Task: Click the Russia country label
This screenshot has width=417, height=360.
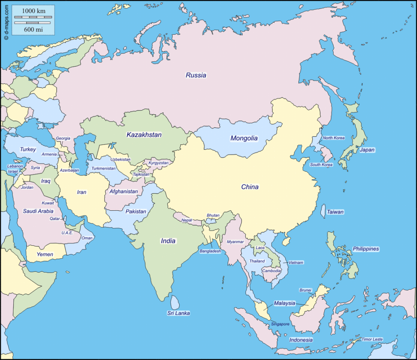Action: (x=196, y=75)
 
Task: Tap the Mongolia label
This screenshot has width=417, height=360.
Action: (x=244, y=138)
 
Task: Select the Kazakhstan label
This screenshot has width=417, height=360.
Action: (x=144, y=135)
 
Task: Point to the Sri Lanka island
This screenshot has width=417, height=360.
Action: (x=175, y=302)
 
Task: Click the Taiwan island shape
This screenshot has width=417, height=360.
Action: (x=323, y=211)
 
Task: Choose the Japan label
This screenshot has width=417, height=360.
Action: (x=367, y=150)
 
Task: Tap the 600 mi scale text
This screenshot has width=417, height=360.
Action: (x=33, y=29)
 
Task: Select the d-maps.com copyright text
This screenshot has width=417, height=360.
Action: (x=6, y=20)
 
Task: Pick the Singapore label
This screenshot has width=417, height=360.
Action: (x=280, y=324)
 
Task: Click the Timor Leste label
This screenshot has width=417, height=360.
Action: (x=372, y=339)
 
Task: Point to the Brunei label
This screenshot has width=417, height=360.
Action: (x=305, y=290)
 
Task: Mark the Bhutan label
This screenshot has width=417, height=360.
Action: (x=213, y=215)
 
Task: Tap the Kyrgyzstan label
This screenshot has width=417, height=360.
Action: (x=158, y=163)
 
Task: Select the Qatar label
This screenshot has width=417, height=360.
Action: (x=55, y=218)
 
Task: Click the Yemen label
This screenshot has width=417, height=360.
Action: (x=45, y=254)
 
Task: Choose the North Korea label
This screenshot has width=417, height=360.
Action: (x=334, y=138)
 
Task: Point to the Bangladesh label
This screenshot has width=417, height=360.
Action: (x=210, y=251)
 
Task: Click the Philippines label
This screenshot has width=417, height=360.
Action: (x=366, y=249)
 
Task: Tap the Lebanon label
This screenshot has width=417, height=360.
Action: (x=15, y=166)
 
